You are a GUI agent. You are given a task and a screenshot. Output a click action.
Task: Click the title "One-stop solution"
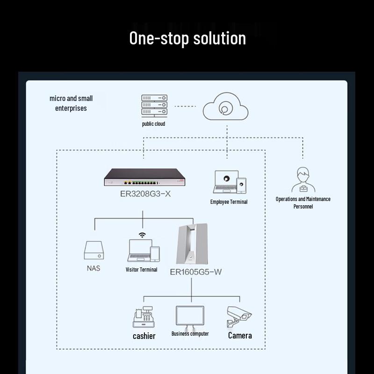click(187, 38)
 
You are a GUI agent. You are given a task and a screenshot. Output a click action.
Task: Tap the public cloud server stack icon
click(154, 106)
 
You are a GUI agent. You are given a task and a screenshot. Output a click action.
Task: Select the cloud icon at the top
click(225, 107)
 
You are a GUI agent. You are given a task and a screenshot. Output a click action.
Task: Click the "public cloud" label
click(154, 124)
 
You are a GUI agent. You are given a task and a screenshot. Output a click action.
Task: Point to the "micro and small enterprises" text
click(71, 103)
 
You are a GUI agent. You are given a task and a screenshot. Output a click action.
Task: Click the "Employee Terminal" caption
click(229, 202)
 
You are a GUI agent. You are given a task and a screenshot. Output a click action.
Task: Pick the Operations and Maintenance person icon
click(303, 180)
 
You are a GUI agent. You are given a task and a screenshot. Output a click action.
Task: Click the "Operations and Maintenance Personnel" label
click(303, 202)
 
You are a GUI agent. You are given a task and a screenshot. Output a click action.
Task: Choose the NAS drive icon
click(93, 251)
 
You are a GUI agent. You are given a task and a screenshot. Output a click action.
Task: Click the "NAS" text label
click(93, 268)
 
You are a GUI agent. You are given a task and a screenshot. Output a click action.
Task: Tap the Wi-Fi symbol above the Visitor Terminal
click(142, 235)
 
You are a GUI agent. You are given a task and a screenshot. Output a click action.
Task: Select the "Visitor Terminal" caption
click(142, 269)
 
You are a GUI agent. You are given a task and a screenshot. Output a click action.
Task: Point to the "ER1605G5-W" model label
click(195, 272)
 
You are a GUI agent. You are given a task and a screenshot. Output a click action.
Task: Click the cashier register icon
click(144, 317)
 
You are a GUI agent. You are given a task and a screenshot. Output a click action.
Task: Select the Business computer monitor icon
click(190, 316)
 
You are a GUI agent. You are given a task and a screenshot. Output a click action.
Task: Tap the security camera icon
click(239, 316)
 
